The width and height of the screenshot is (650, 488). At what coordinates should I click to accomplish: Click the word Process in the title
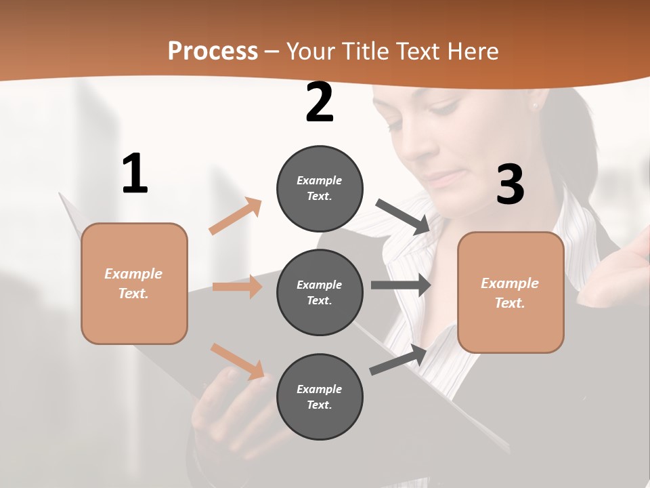coord(213,52)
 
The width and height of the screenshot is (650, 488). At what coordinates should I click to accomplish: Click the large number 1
coord(135,174)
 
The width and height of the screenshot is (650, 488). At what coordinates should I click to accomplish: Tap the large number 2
coord(320,103)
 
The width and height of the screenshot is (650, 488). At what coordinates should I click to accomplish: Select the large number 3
coord(510,184)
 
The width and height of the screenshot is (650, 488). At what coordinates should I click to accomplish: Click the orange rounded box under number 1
coord(134,283)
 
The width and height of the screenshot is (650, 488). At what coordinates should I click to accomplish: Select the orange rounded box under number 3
coord(511,292)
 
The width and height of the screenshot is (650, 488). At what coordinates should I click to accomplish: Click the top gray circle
coord(320,188)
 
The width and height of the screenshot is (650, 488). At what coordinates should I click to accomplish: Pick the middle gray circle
coord(320,292)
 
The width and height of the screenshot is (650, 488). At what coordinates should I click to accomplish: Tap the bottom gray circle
coord(320,396)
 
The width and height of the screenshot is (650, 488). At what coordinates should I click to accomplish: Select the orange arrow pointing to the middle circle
coord(237,287)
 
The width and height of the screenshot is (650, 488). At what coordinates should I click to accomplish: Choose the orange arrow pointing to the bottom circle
coord(237,361)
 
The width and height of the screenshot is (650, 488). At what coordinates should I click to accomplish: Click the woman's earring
coord(535,105)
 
